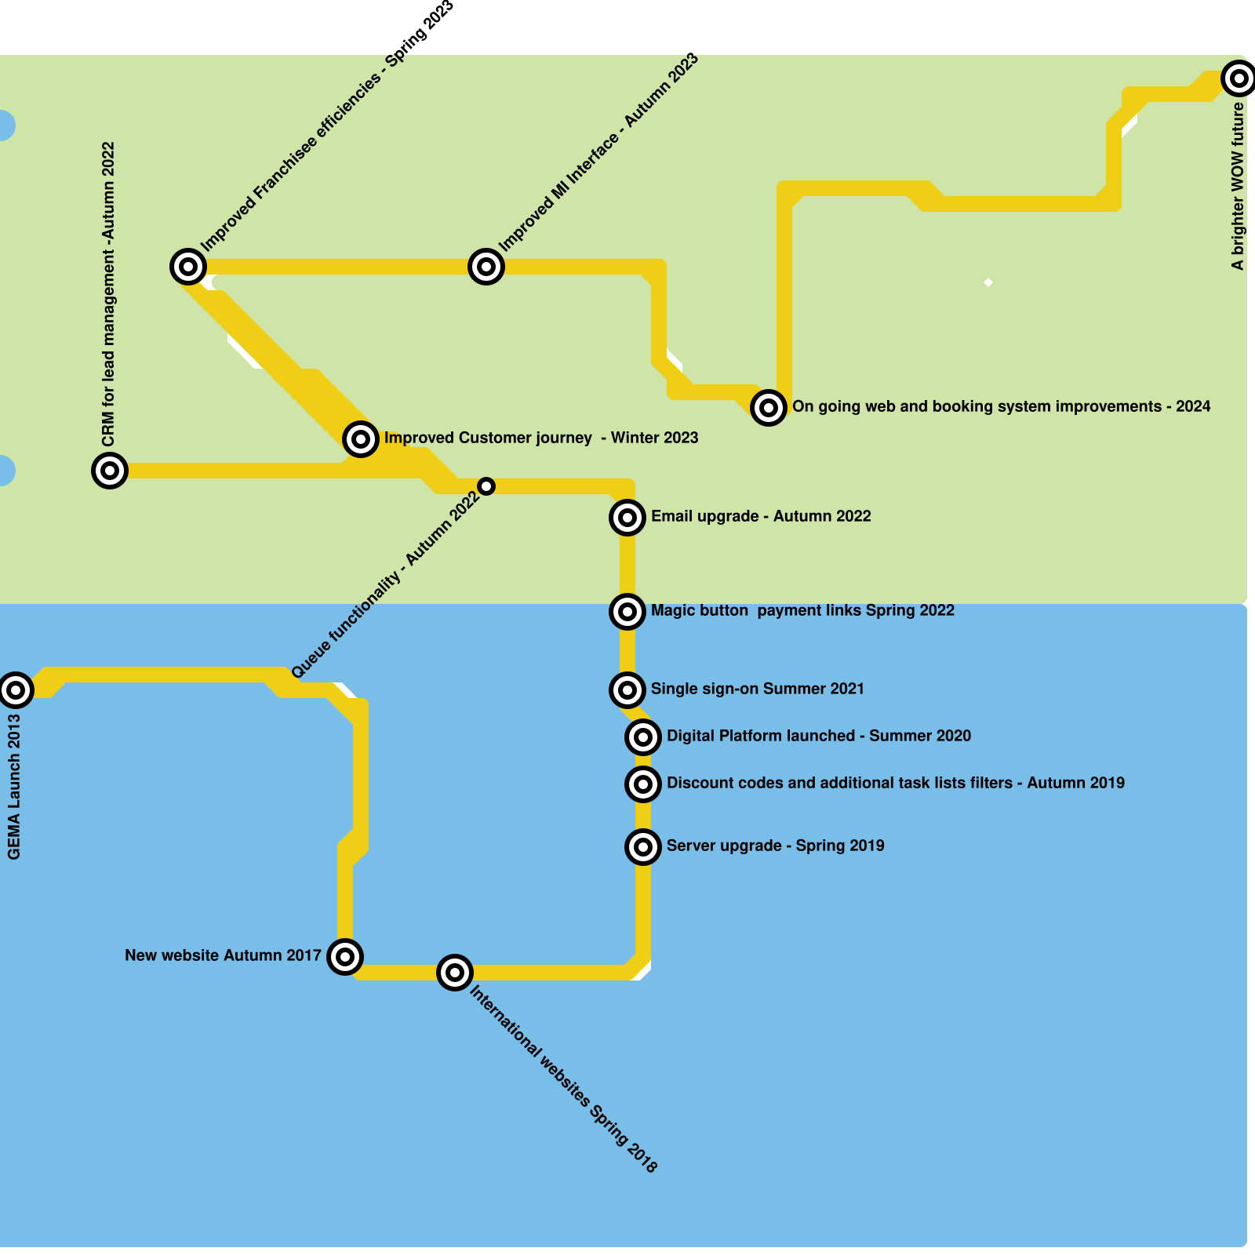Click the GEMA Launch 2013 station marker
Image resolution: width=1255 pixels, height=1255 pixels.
coord(16,689)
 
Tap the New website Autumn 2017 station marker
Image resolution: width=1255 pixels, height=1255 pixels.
coord(345,956)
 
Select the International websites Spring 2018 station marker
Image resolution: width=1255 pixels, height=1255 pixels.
coord(455,973)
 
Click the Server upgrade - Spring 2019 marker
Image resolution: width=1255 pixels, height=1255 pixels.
coord(643,846)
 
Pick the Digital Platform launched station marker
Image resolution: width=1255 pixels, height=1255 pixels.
coord(643,737)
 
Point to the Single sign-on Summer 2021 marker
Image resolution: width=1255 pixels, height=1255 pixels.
coord(627,689)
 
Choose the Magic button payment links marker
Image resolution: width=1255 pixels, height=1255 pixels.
coord(627,611)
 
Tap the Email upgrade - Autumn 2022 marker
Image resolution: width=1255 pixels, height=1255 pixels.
coord(627,517)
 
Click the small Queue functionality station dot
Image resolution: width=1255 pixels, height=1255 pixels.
coord(486,486)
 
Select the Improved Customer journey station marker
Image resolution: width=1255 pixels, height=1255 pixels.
coord(361,438)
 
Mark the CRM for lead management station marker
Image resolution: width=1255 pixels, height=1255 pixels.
coord(110,470)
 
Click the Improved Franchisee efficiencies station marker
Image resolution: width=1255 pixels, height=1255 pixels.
coord(188,267)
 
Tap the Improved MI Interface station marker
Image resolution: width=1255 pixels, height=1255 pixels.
coord(486,267)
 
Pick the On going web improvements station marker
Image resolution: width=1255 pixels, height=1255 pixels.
coord(769,407)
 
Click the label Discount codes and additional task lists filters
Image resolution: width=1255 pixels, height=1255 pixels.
coord(895,783)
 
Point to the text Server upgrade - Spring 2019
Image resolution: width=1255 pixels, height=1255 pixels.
coord(775,846)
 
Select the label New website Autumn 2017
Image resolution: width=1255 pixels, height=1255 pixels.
coord(223,955)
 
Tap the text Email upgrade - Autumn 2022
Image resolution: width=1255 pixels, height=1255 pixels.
coord(761,516)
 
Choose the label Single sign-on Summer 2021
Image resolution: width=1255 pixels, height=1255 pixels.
coord(757,689)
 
